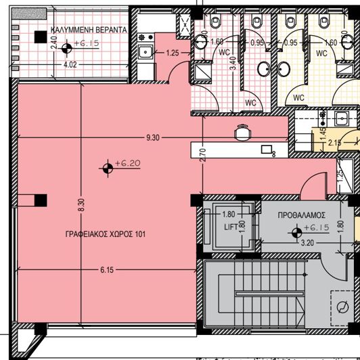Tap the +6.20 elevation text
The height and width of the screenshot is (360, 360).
coord(127,163)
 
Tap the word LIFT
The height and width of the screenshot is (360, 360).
coord(231,228)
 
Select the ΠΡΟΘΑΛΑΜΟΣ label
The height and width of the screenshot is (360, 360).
coord(298,215)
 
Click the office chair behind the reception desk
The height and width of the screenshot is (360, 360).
coord(242,133)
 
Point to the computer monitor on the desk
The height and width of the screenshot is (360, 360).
coord(267,150)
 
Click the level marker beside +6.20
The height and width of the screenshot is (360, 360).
coord(107,167)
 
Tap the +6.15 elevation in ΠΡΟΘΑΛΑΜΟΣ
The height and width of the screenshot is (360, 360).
coord(315,228)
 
